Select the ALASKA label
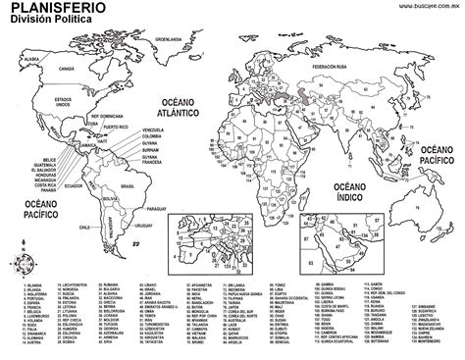31,60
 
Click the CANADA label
67,70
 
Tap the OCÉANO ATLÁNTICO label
177,113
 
